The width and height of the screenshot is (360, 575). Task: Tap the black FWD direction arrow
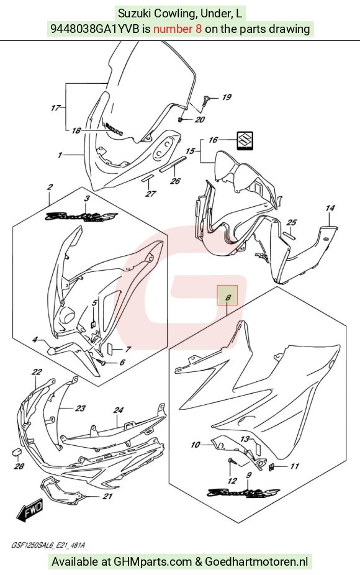tap(30, 509)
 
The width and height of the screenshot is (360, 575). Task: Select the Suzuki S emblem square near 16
tap(245, 141)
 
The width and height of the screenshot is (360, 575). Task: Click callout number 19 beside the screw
tap(227, 97)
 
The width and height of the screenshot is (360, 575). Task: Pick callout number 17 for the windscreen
tap(56, 108)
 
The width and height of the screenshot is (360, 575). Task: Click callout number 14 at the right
tap(330, 208)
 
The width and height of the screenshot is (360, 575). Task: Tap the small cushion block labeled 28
tap(16, 452)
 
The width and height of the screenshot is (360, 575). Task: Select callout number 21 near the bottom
tap(107, 496)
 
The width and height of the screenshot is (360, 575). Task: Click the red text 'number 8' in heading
tap(178, 29)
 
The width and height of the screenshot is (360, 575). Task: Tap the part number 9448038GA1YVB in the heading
tap(94, 29)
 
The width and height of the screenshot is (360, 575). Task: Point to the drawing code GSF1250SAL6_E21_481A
tap(48, 545)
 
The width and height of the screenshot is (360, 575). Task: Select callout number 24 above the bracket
tap(118, 410)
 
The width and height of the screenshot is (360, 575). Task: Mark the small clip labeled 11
tap(272, 467)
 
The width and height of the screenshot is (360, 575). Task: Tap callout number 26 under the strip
tap(175, 181)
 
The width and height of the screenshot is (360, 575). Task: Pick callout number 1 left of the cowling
tap(60, 155)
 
